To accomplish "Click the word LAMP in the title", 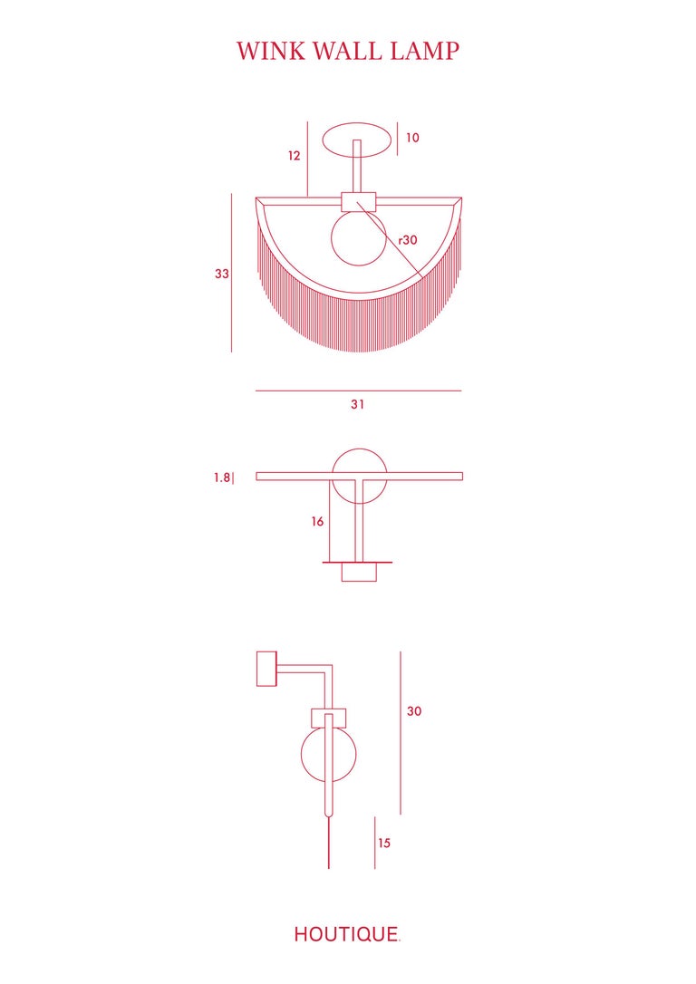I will click(425, 52).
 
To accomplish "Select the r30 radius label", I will click(408, 240).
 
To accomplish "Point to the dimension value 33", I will click(222, 274).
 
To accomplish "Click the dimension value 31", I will click(358, 405).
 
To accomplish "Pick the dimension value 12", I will click(294, 156).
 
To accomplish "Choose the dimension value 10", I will click(412, 138).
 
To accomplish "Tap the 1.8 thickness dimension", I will click(222, 478).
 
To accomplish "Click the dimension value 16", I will click(318, 522).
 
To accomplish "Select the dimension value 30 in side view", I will click(414, 711).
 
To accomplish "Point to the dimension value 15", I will click(384, 843).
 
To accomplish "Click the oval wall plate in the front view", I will click(359, 140).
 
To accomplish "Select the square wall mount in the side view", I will click(266, 669).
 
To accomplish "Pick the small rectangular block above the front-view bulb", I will click(358, 202).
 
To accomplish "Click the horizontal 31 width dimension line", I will click(358, 391).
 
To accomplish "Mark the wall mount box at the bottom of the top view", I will click(359, 573).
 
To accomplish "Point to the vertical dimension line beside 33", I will click(232, 272).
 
